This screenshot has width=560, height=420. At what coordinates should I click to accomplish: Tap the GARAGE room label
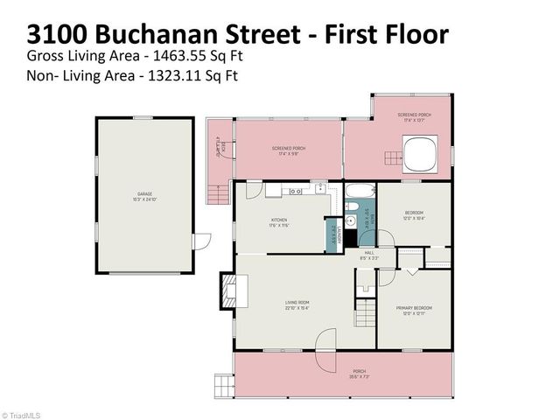pyautogui.click(x=144, y=194)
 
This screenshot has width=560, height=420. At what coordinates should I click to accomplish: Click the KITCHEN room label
pyautogui.click(x=279, y=220)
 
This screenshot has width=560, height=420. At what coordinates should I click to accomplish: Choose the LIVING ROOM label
pyautogui.click(x=297, y=303)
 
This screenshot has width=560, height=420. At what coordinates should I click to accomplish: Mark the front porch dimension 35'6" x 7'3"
pyautogui.click(x=359, y=377)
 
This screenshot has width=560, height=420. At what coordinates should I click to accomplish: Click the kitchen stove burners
pyautogui.click(x=296, y=188)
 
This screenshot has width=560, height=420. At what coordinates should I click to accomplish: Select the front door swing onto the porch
pyautogui.click(x=325, y=340)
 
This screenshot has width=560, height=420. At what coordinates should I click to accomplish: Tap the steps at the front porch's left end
pyautogui.click(x=225, y=383)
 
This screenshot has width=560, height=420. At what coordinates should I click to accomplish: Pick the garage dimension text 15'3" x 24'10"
pyautogui.click(x=144, y=199)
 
